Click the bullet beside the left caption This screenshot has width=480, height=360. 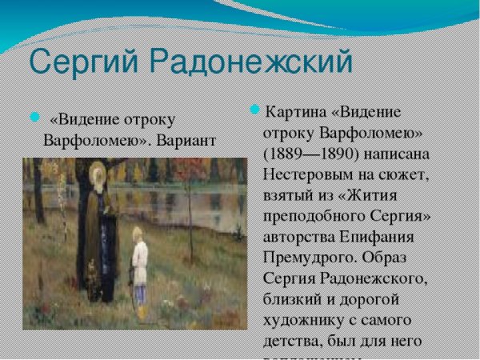(34, 118)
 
